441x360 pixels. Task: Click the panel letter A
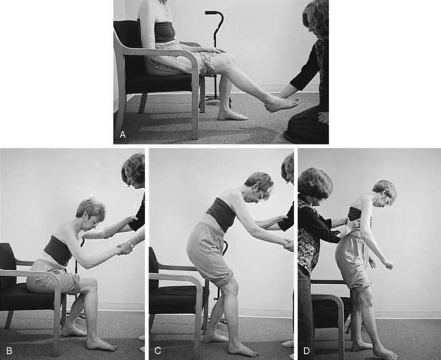122,135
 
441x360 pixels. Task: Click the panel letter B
9,351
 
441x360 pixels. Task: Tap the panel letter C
157,351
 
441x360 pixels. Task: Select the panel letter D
306,351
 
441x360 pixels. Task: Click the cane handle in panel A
214,13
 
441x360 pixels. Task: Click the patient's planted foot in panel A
233,115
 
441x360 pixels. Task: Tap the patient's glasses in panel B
94,220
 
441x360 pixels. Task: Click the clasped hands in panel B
123,248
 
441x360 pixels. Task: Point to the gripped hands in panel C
288,245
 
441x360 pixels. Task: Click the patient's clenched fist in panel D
388,264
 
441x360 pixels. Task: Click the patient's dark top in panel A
164,32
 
